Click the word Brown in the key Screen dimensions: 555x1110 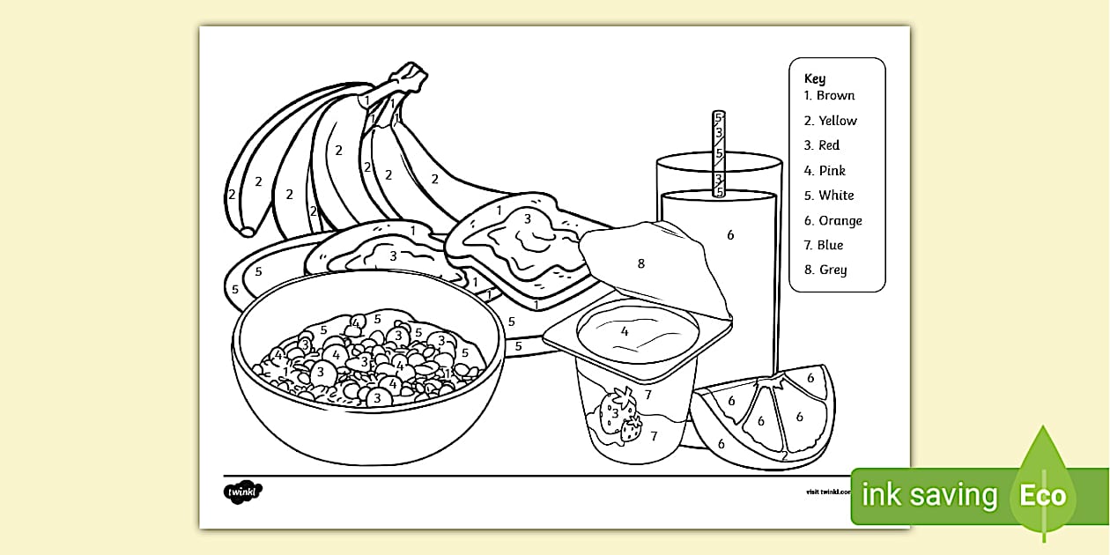835,95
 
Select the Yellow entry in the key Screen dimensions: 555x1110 837,121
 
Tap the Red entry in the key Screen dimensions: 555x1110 829,145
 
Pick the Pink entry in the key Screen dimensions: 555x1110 832,171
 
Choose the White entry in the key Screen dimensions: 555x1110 836,196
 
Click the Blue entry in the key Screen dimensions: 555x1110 831,245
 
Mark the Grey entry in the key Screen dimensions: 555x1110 832,270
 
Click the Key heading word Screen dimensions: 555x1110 815,78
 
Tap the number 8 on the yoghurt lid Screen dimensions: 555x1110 640,263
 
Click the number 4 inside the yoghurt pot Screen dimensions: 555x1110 625,331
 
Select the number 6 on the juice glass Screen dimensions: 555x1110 730,234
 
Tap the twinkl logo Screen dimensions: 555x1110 244,491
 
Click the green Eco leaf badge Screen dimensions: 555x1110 1043,494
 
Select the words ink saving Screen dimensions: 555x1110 929,496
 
